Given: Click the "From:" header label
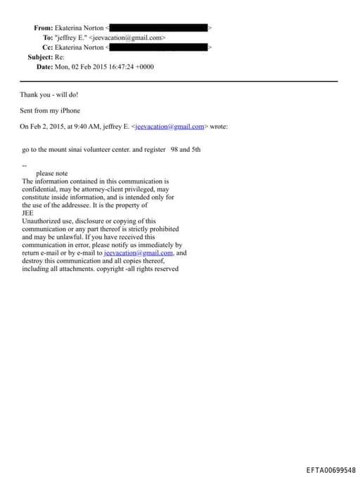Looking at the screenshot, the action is pyautogui.click(x=44, y=27).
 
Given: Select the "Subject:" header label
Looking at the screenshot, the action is pyautogui.click(x=40, y=57).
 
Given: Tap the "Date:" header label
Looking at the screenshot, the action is pyautogui.click(x=45, y=67).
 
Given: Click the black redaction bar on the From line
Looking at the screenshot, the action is pyautogui.click(x=159, y=27).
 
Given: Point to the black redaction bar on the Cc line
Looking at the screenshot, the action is pyautogui.click(x=159, y=47).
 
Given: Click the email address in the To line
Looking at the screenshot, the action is pyautogui.click(x=127, y=37).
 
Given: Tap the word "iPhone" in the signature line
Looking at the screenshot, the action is pyautogui.click(x=70, y=110).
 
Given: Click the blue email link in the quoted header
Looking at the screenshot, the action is pyautogui.click(x=169, y=127).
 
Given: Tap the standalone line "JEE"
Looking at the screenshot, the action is pyautogui.click(x=28, y=213).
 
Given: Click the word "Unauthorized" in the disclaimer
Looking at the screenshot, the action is pyautogui.click(x=41, y=221).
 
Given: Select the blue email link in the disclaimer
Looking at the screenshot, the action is pyautogui.click(x=139, y=253).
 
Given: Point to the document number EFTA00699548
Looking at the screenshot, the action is pyautogui.click(x=330, y=469).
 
